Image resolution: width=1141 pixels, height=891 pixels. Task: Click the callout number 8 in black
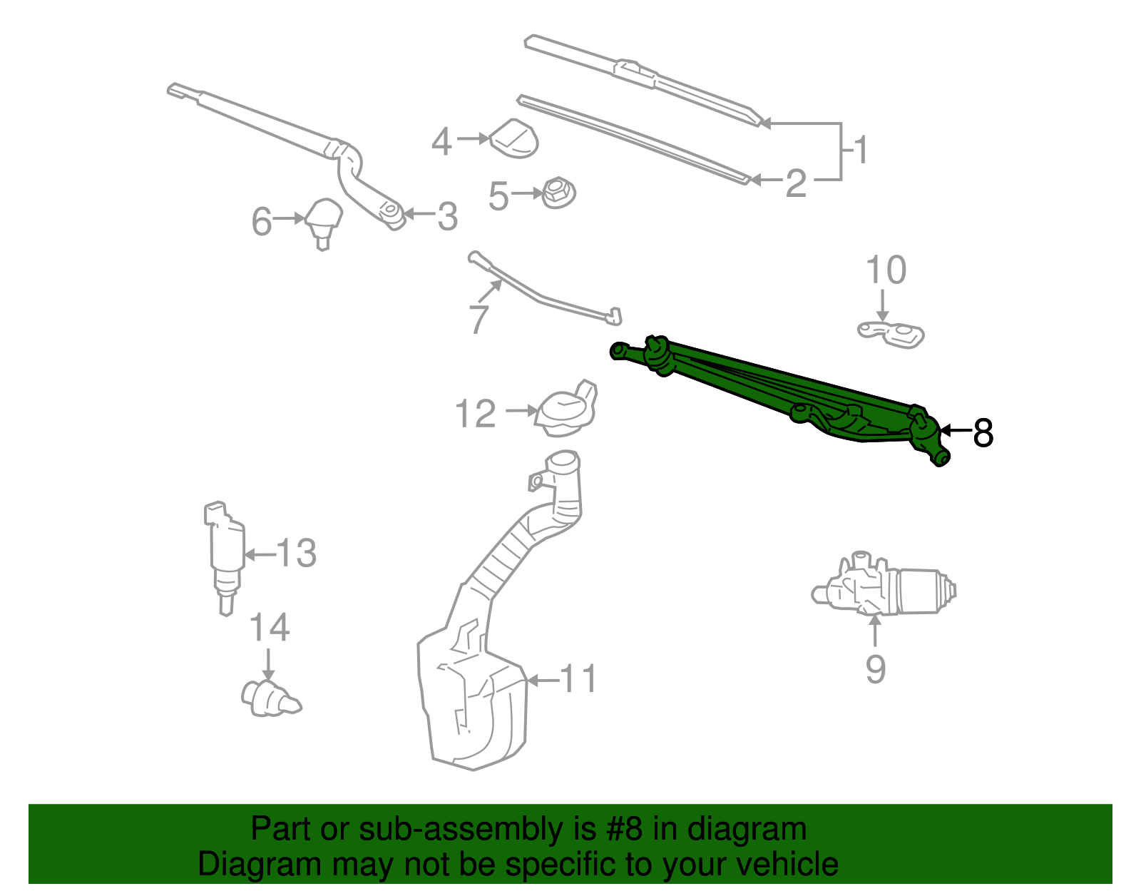(983, 432)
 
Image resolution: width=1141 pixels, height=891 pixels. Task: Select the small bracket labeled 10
(891, 334)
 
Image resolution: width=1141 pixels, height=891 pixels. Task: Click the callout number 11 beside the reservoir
(578, 678)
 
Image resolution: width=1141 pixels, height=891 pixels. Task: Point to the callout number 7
(479, 319)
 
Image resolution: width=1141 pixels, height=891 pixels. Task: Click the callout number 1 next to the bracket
(861, 151)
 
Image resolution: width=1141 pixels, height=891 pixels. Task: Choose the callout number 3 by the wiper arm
(447, 216)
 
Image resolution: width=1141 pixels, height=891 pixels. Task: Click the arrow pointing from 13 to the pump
(260, 554)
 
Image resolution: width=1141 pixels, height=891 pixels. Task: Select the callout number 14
(270, 628)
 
